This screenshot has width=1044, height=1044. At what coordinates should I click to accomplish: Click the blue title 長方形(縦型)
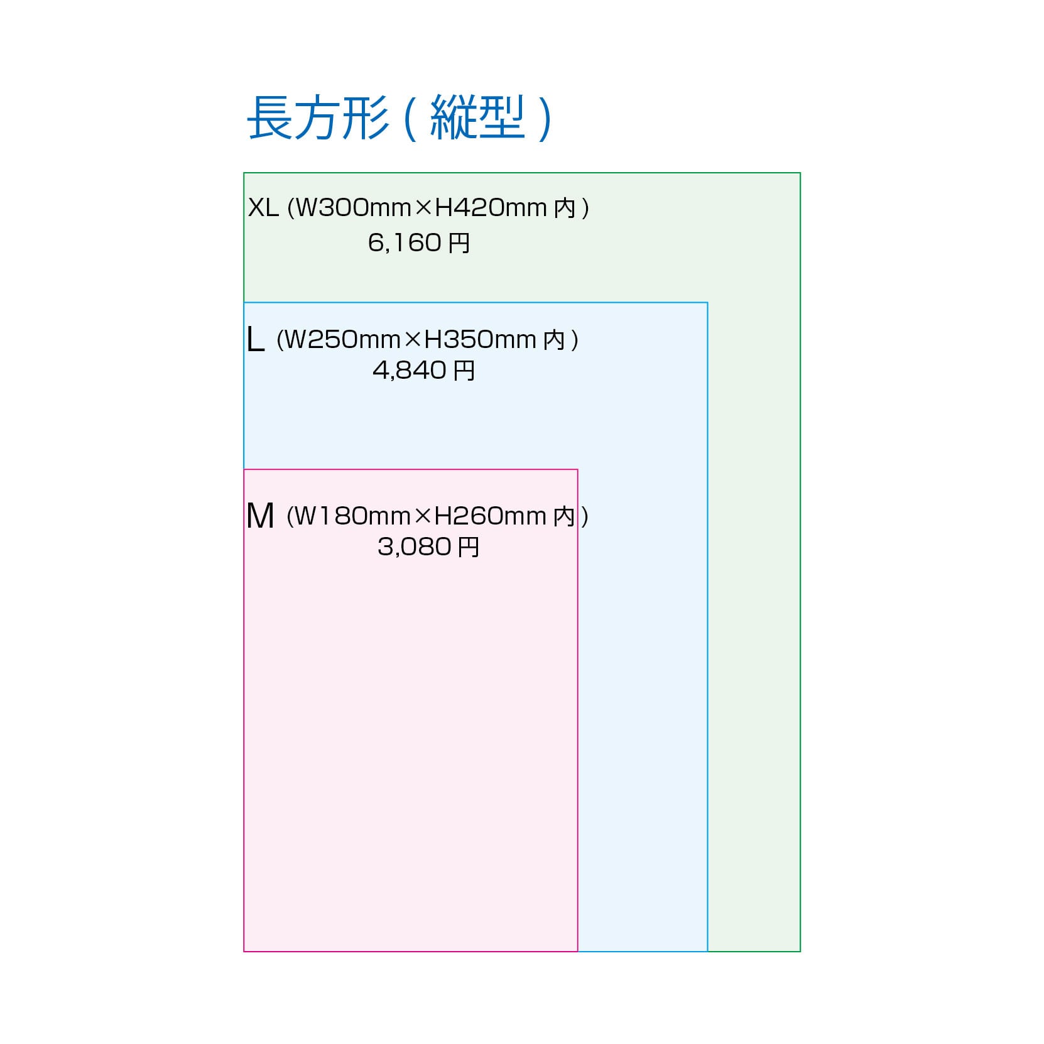click(400, 118)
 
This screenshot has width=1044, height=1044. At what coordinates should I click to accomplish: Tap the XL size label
click(263, 207)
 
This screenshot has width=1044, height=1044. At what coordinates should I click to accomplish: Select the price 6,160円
click(418, 242)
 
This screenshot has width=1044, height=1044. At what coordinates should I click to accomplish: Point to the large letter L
click(255, 340)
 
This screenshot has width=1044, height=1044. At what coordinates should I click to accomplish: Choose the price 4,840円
click(423, 370)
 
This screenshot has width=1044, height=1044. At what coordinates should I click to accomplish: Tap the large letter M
click(260, 516)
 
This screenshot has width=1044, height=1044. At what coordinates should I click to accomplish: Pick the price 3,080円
click(428, 546)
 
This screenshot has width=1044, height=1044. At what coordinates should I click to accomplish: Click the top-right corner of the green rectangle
click(800, 173)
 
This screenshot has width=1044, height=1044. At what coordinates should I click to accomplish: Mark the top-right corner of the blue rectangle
click(707, 303)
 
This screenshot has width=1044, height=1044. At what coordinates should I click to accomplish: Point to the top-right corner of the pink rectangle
click(577, 469)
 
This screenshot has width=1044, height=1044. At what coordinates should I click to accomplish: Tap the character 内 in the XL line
click(565, 208)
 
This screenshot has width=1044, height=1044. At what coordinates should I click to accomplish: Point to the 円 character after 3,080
click(468, 547)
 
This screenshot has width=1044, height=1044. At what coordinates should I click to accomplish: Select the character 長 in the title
click(270, 118)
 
